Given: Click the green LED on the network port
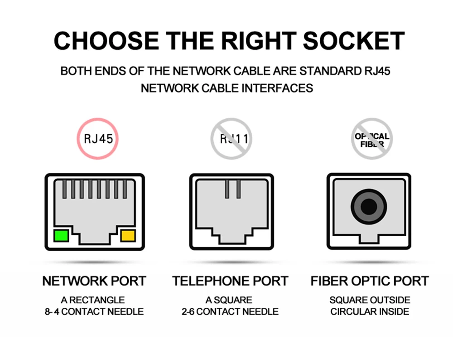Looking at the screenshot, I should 61,236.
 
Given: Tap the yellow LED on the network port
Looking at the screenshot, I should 128,236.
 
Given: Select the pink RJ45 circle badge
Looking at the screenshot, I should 97,138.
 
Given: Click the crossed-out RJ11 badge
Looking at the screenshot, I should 231,138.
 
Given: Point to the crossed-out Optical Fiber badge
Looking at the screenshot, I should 372,138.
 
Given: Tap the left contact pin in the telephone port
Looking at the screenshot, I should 226,189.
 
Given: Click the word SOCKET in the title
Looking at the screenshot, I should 353,41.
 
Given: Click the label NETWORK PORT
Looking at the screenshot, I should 94,281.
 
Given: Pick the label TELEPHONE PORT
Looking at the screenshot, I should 230,281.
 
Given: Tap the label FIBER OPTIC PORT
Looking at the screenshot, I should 369,281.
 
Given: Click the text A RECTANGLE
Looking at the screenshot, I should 93,300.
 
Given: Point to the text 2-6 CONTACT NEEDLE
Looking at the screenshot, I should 230,311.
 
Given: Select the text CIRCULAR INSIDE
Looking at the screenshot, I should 370,311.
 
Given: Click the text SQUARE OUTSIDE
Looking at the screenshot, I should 370,300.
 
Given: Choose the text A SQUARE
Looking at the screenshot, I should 229,300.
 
